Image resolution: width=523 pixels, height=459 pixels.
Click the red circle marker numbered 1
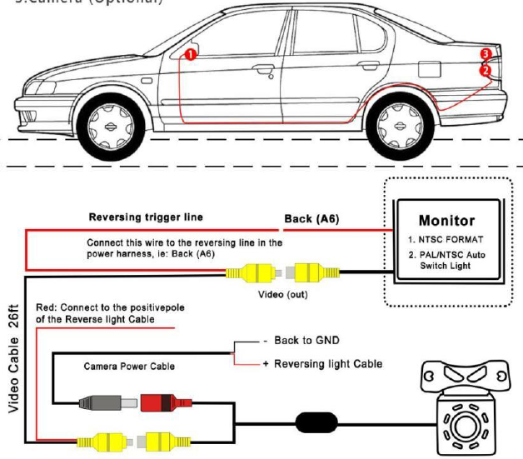click(x=190, y=55)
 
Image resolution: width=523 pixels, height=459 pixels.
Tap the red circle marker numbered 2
click(x=485, y=72)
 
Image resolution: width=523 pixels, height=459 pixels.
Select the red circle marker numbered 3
click(x=486, y=55)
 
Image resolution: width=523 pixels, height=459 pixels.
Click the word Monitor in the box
click(x=446, y=221)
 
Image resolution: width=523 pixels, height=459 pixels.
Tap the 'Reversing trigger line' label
click(x=146, y=217)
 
